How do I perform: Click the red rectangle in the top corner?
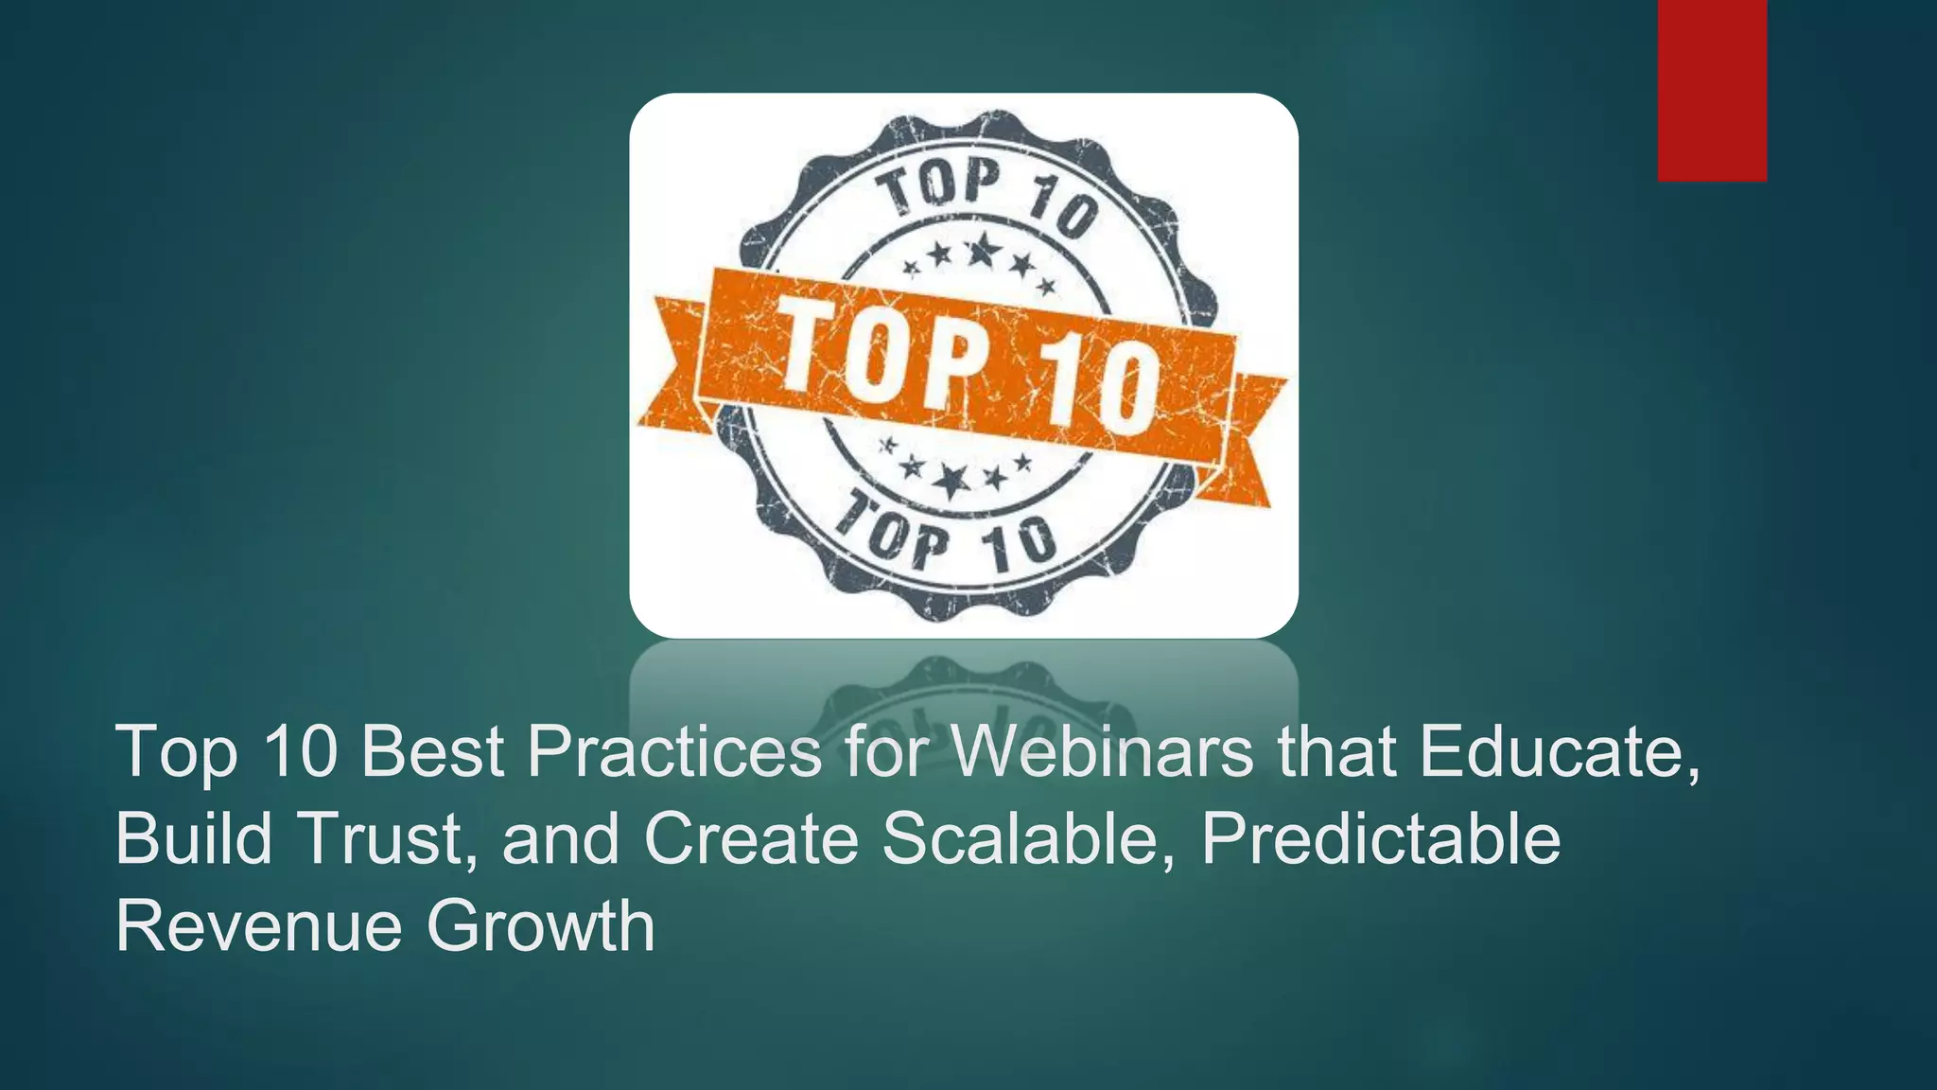(x=1712, y=90)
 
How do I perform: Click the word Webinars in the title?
(x=1102, y=752)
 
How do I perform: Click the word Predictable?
(x=1381, y=838)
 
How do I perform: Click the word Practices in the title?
(x=674, y=752)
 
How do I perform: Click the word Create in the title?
(x=751, y=838)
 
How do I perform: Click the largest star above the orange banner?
(x=983, y=250)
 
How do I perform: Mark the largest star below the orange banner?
(x=951, y=481)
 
